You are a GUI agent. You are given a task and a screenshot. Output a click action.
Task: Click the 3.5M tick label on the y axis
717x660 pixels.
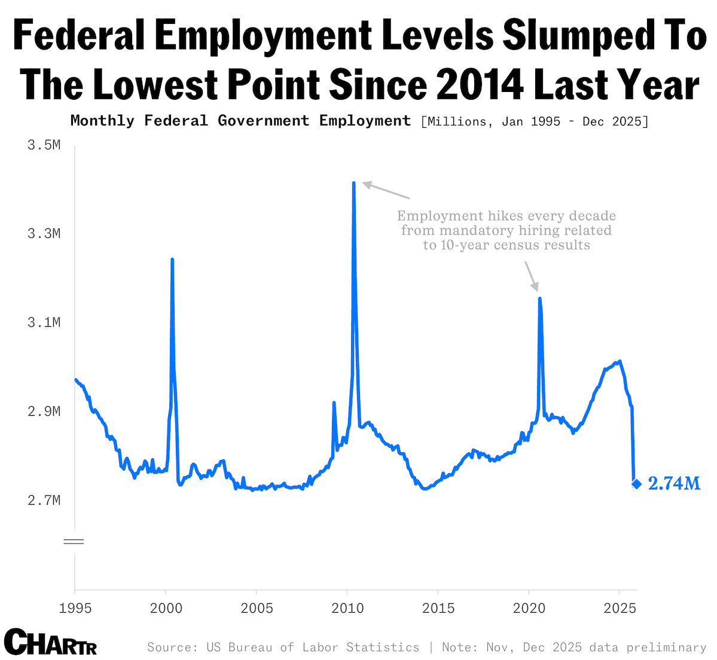click(44, 145)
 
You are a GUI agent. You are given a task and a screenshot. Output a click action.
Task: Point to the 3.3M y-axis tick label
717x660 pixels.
click(44, 234)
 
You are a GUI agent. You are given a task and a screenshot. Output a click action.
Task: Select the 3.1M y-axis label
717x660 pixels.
click(44, 323)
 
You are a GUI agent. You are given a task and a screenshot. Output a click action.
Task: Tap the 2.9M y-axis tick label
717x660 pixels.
click(44, 412)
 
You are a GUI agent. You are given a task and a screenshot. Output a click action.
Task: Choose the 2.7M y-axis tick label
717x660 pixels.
click(44, 500)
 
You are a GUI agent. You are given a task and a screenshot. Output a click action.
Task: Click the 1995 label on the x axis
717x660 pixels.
click(75, 609)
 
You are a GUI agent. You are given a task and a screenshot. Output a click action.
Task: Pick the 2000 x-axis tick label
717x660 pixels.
click(166, 609)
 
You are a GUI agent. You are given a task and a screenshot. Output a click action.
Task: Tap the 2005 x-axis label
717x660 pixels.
click(257, 609)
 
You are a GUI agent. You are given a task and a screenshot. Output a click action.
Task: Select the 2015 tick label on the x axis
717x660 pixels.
click(438, 609)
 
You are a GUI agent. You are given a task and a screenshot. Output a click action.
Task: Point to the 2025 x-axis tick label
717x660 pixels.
click(620, 609)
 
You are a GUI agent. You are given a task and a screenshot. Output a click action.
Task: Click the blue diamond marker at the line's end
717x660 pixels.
click(636, 484)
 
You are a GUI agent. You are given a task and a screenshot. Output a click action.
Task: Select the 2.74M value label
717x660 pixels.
click(674, 484)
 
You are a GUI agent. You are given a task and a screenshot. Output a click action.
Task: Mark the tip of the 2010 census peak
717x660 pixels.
click(354, 183)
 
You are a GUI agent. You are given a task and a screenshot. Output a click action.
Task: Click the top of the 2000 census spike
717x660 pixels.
click(172, 259)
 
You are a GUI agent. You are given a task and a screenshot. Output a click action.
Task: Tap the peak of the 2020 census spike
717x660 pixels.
click(539, 298)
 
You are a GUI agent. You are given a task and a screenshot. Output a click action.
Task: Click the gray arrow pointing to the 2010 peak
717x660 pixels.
click(386, 191)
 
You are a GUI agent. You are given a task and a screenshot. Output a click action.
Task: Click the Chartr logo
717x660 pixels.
click(50, 642)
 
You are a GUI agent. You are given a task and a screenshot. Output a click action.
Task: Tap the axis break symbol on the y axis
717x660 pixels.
click(74, 542)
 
